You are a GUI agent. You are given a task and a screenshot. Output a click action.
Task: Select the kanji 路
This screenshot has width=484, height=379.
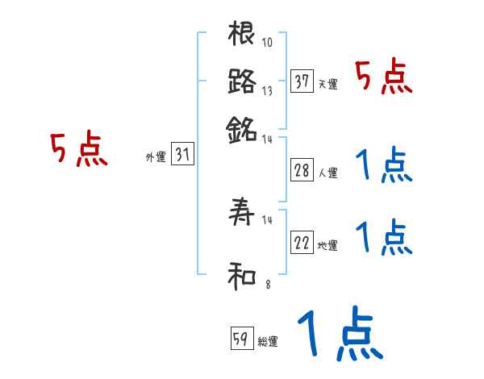coord(242,82)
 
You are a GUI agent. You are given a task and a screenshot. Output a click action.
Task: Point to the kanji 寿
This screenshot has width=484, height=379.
coord(242,214)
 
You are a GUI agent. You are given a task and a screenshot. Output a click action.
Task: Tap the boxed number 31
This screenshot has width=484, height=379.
coord(182,156)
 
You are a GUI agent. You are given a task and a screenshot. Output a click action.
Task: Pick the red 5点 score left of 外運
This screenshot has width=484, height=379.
coord(78,150)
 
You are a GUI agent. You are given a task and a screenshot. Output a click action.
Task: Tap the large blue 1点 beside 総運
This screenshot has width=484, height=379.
coord(337,335)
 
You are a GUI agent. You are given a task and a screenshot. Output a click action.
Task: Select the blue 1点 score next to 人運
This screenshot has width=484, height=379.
coord(383,166)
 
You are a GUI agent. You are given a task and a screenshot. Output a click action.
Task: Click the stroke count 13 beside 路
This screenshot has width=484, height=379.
coord(266,92)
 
